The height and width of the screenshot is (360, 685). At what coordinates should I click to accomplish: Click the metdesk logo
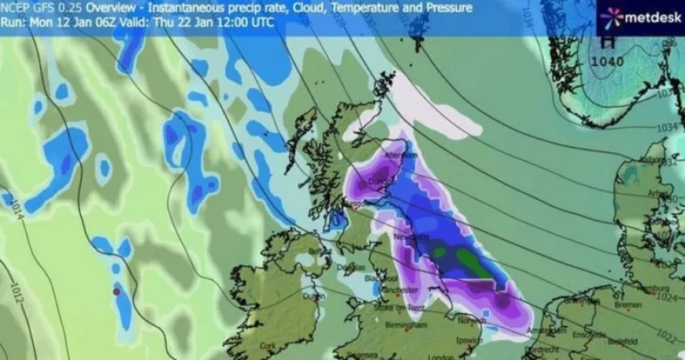point(640,17)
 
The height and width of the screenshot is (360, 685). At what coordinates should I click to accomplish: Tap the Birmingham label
point(407,325)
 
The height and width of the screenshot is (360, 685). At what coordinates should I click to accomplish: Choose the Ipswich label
point(470,341)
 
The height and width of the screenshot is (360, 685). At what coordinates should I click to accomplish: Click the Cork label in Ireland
point(271,345)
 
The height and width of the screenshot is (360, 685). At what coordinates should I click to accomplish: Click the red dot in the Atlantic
point(115,292)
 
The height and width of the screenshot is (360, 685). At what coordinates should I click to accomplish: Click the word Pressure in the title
point(449,8)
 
